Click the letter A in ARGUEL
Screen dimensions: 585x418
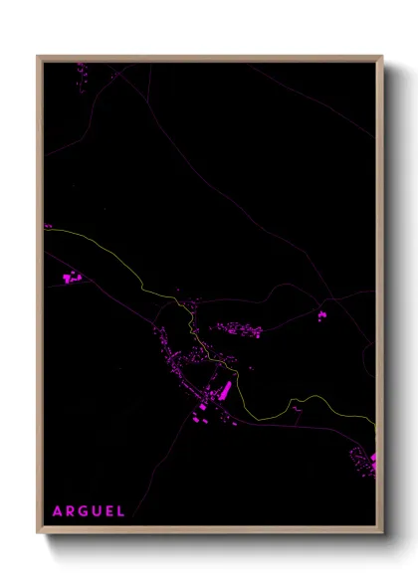point(58,511)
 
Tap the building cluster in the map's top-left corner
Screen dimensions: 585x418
point(81,71)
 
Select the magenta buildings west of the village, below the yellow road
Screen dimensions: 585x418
point(71,277)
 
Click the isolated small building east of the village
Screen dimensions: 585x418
point(321,316)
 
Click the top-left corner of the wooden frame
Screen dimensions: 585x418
point(39,58)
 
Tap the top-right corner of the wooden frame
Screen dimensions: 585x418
point(381,58)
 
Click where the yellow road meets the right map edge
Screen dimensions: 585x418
point(375,423)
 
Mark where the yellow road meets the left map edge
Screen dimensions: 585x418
point(46,232)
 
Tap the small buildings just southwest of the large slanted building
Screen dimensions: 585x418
point(202,409)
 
